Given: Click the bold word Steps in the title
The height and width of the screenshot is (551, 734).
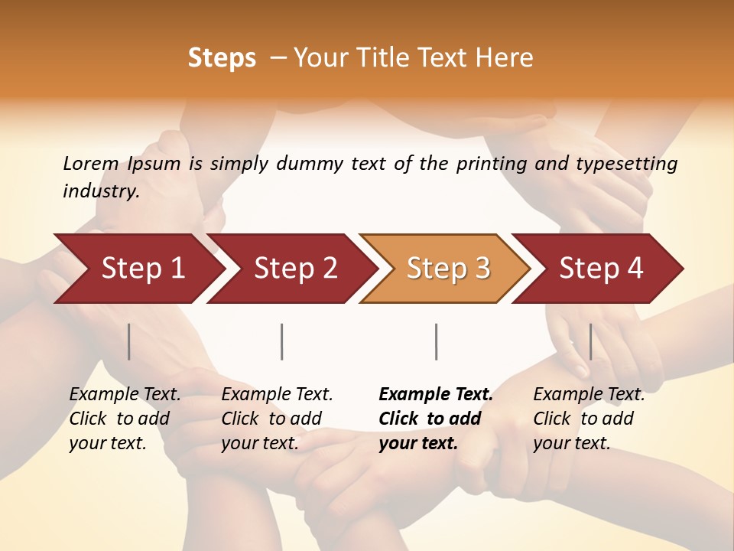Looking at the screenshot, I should (x=222, y=58).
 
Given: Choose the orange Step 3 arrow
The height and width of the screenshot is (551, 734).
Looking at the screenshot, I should (x=447, y=269).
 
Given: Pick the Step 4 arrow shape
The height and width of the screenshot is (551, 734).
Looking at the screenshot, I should (x=600, y=269).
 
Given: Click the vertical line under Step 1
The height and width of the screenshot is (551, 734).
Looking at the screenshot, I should (x=129, y=341).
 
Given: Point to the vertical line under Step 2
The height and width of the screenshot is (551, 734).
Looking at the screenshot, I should (x=282, y=341).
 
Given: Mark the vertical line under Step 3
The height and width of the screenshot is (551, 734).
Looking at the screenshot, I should (x=437, y=341).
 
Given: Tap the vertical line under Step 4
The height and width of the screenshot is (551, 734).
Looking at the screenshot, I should (x=590, y=341).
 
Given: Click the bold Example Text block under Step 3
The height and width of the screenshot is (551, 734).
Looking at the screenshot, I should (x=436, y=419).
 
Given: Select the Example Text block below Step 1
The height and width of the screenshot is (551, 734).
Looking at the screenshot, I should (x=125, y=419).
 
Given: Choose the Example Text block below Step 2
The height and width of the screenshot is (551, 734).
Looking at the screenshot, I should (x=277, y=419).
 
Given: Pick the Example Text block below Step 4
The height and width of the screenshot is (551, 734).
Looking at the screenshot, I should (x=589, y=419).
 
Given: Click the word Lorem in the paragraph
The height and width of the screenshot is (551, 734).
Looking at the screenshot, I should (x=91, y=164).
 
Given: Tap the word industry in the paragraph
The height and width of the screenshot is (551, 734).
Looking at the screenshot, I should (x=101, y=191).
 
